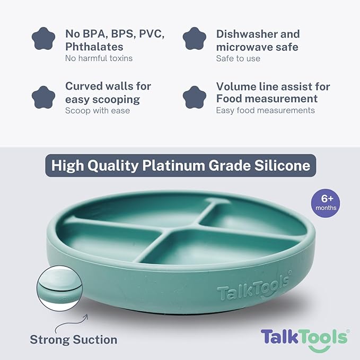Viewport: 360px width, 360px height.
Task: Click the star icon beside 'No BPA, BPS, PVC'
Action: [x=43, y=39]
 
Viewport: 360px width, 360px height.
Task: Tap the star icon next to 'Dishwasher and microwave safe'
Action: [x=195, y=39]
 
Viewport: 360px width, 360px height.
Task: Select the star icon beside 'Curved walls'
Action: [x=43, y=97]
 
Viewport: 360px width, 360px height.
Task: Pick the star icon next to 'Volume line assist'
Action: [x=195, y=97]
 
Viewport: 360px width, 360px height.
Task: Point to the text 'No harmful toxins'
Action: [x=99, y=58]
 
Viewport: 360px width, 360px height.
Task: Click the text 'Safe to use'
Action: [x=238, y=58]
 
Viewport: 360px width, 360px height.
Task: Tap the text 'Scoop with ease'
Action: [x=98, y=111]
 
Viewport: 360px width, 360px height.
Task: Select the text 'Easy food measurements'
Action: [x=265, y=111]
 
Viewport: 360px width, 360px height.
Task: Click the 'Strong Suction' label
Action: [x=73, y=339]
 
